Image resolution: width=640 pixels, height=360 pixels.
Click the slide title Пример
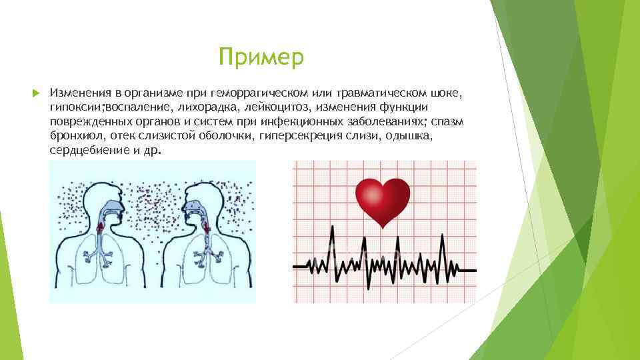[x=261, y=57]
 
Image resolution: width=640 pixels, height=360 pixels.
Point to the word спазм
[x=449, y=121]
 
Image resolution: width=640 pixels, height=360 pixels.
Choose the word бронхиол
[x=73, y=136]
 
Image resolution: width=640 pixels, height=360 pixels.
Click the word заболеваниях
[x=387, y=121]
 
